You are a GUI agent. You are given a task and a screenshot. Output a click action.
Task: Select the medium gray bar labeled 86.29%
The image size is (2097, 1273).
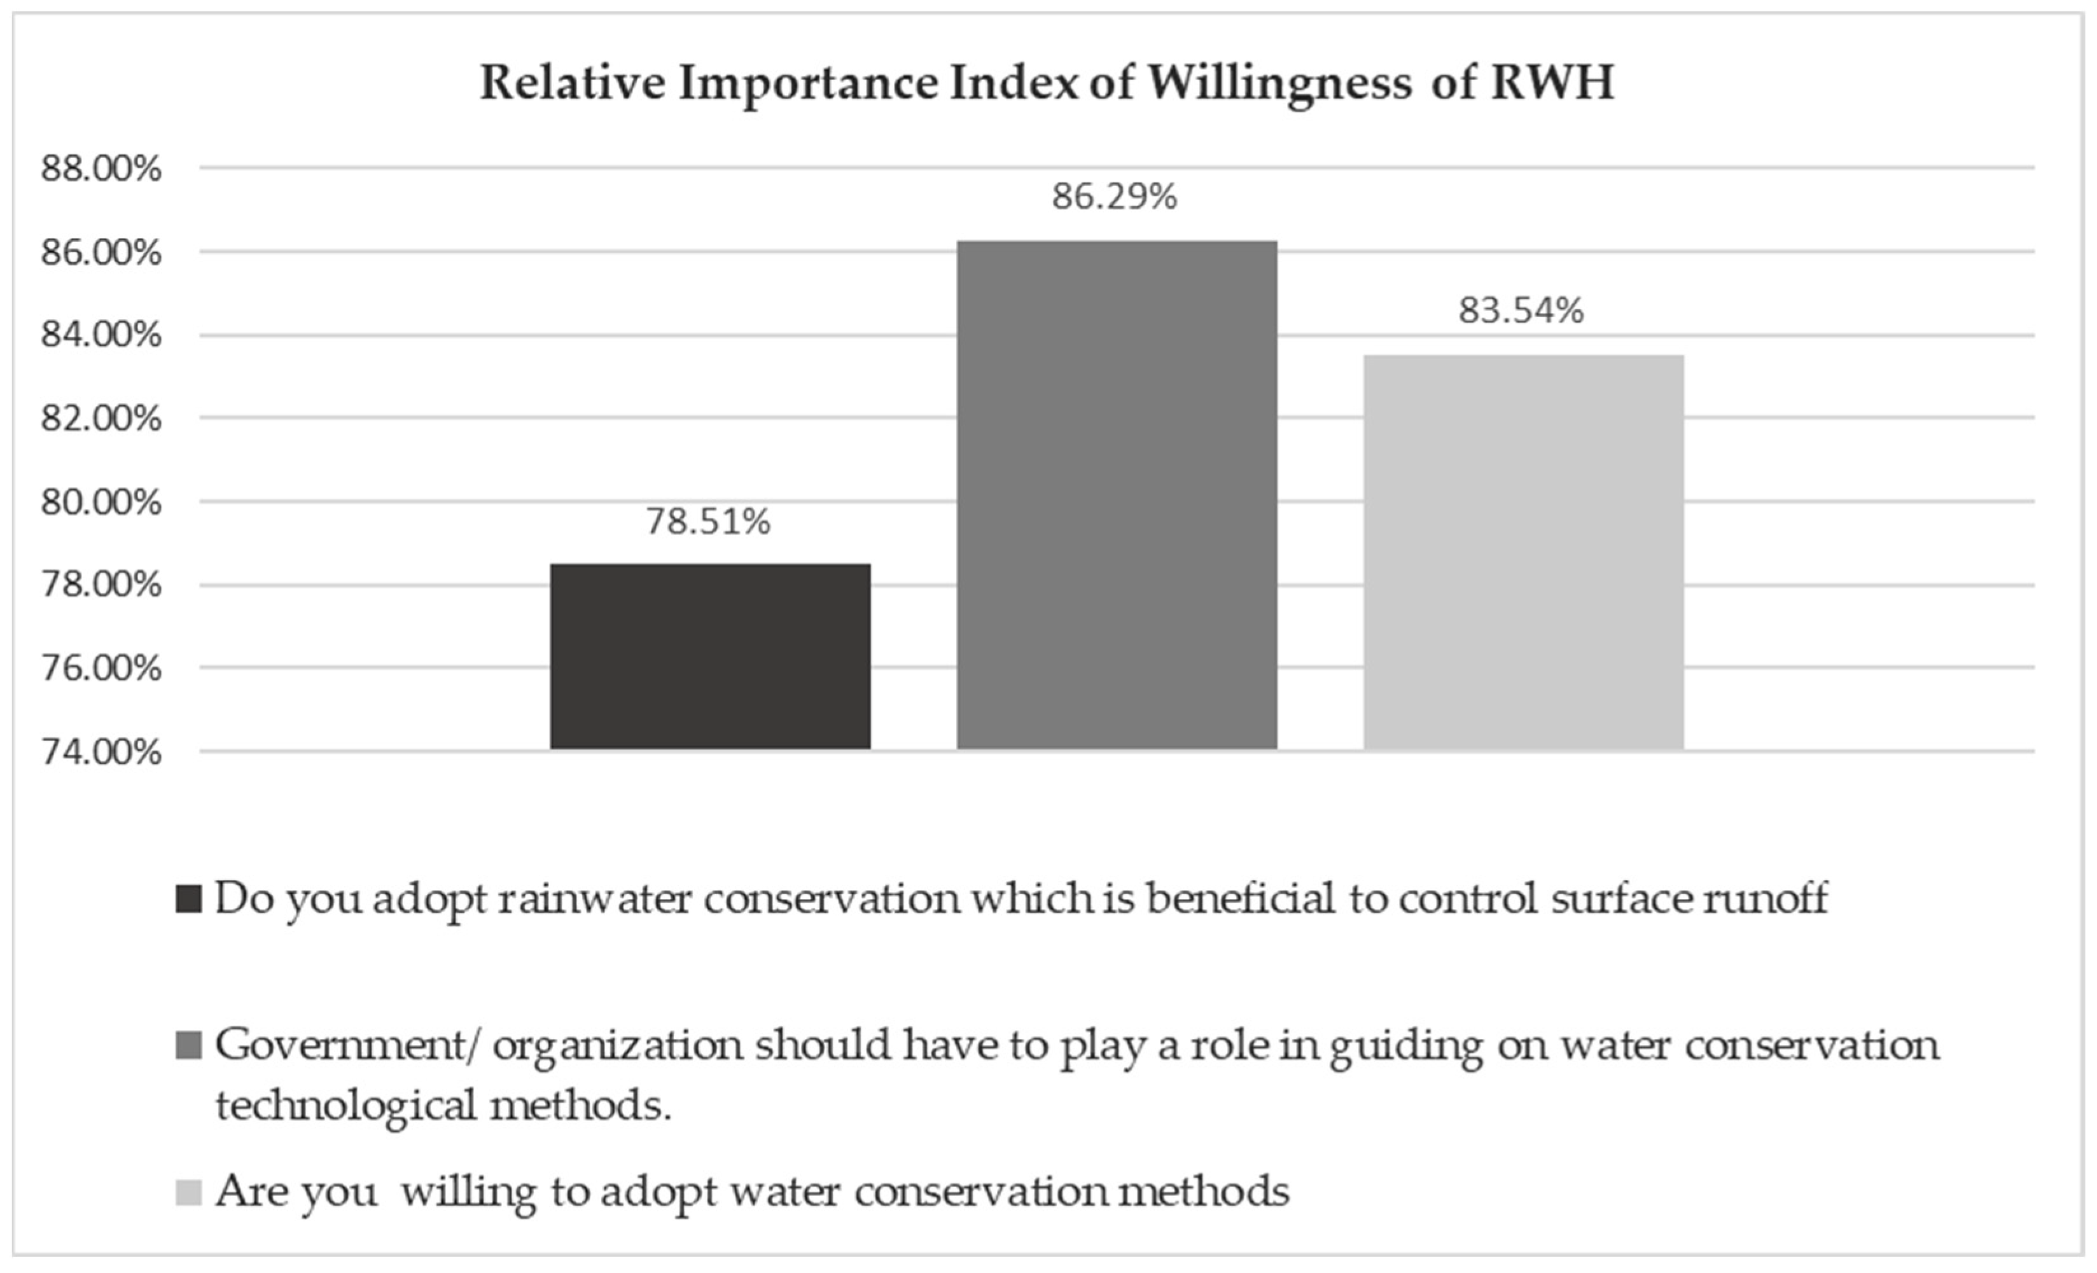click(1117, 495)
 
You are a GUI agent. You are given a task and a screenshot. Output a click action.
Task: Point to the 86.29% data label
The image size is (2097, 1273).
click(1114, 197)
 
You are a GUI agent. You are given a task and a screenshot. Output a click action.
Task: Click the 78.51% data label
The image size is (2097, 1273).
click(708, 522)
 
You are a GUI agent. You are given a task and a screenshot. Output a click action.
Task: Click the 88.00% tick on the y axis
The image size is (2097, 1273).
click(101, 169)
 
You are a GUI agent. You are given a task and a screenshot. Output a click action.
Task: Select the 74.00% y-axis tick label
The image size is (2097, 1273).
click(101, 752)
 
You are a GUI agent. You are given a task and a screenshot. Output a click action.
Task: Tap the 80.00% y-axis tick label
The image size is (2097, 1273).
click(101, 502)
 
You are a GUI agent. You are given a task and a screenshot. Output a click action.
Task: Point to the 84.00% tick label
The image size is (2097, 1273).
click(101, 335)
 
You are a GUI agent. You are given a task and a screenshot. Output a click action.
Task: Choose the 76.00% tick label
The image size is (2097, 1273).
click(101, 669)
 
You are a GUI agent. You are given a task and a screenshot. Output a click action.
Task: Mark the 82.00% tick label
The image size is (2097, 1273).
click(101, 419)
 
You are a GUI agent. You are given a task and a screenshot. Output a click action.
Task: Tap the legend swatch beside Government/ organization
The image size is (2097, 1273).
click(188, 1046)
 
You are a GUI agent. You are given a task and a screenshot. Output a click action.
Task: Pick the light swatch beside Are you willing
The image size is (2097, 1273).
click(188, 1192)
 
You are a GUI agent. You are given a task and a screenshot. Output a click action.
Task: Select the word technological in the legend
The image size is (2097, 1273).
click(345, 1107)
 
